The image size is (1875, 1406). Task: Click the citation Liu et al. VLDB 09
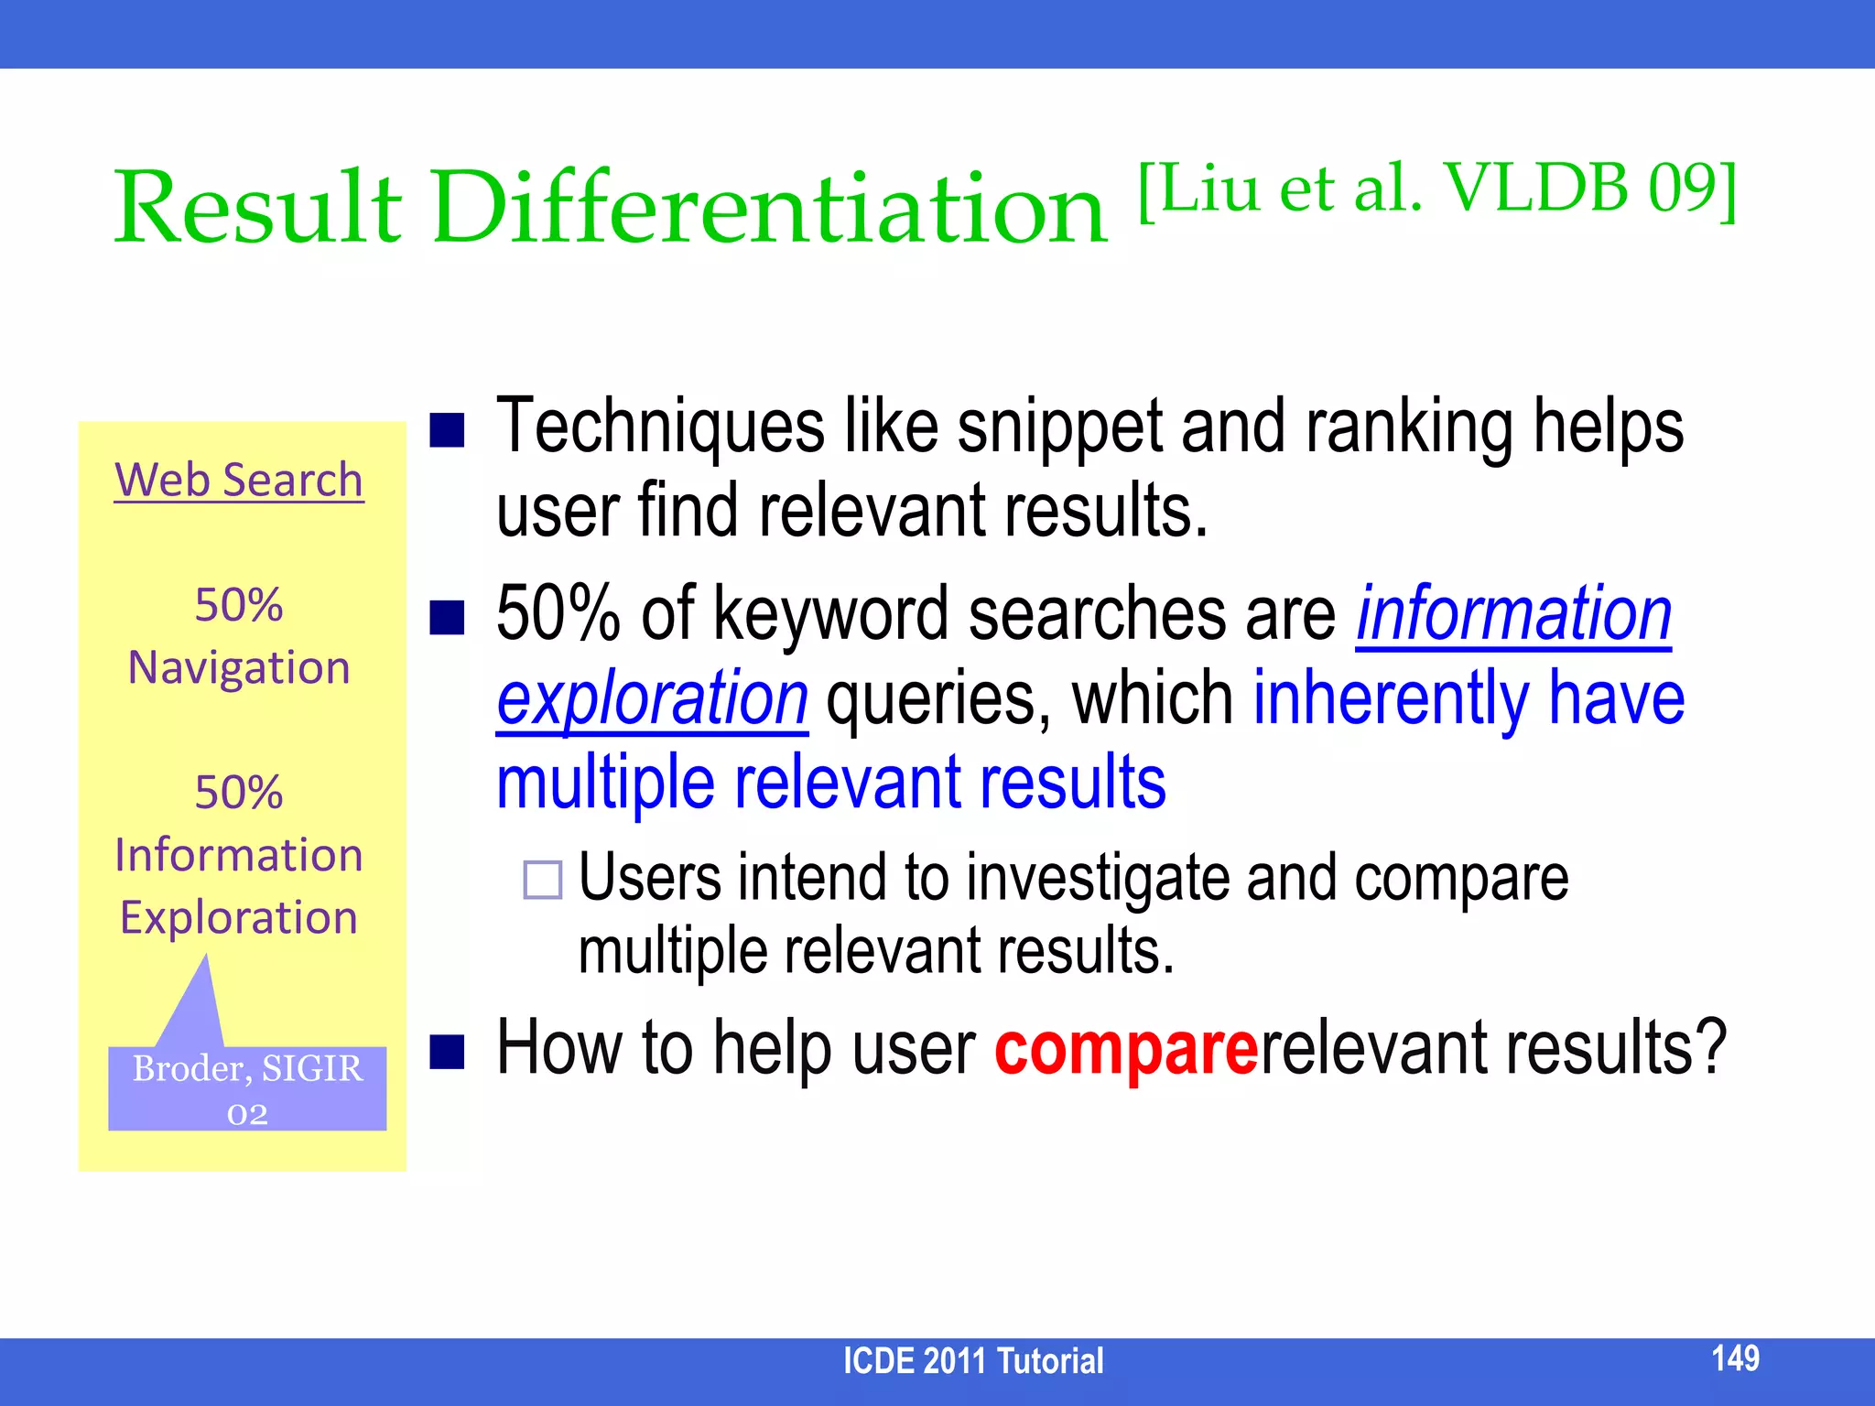point(1437,189)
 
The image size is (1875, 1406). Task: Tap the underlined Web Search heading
point(239,481)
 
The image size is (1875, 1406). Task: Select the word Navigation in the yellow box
point(239,667)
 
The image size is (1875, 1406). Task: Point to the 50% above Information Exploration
point(239,793)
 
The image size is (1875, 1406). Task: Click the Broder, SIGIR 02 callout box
point(247,1088)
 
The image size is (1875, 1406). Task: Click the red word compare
point(1126,1049)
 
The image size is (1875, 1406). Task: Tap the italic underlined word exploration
point(652,698)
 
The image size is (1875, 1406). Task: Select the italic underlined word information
point(1513,614)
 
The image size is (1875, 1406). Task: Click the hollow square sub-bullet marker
point(542,880)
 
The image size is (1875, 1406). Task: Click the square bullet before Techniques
point(448,429)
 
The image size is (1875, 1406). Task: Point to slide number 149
point(1735,1357)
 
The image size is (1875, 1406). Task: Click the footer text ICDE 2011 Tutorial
point(972,1361)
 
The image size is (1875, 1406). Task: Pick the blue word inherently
point(1390,698)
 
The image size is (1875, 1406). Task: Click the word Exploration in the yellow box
point(239,918)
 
